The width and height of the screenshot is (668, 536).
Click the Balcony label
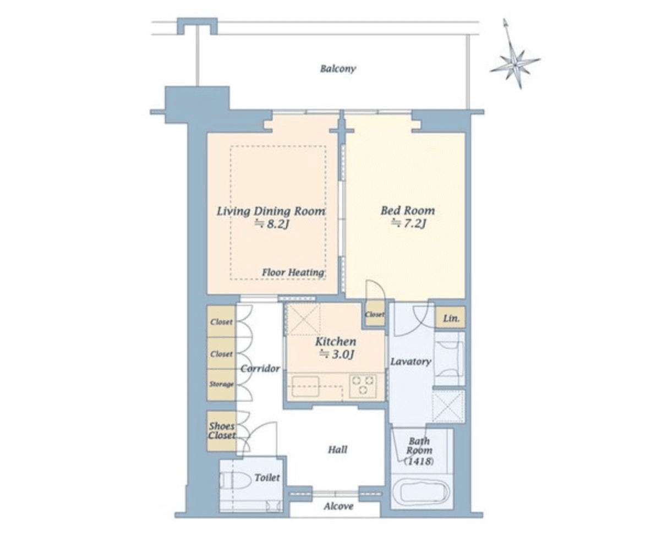pos(338,69)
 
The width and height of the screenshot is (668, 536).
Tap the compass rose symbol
pos(515,64)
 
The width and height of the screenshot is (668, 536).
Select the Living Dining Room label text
pos(271,211)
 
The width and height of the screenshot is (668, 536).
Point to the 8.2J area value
pos(272,223)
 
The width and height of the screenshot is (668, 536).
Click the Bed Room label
pos(408,211)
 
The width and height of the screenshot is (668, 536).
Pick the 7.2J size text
pos(409,223)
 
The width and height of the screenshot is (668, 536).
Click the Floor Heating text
pos(293,272)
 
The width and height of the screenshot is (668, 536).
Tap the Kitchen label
pos(335,342)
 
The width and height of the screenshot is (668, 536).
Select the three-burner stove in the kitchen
pos(363,386)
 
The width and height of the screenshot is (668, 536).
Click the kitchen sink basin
pos(305,386)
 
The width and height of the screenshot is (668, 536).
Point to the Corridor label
pos(260,369)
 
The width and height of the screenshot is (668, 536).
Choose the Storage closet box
pos(221,385)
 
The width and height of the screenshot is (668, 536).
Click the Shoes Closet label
pos(221,431)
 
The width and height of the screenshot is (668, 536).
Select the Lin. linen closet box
pos(450,318)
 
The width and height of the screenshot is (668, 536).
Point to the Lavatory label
pos(410,362)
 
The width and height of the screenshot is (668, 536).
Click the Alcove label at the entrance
pos(338,506)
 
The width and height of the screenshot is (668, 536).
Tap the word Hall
pos(337,450)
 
